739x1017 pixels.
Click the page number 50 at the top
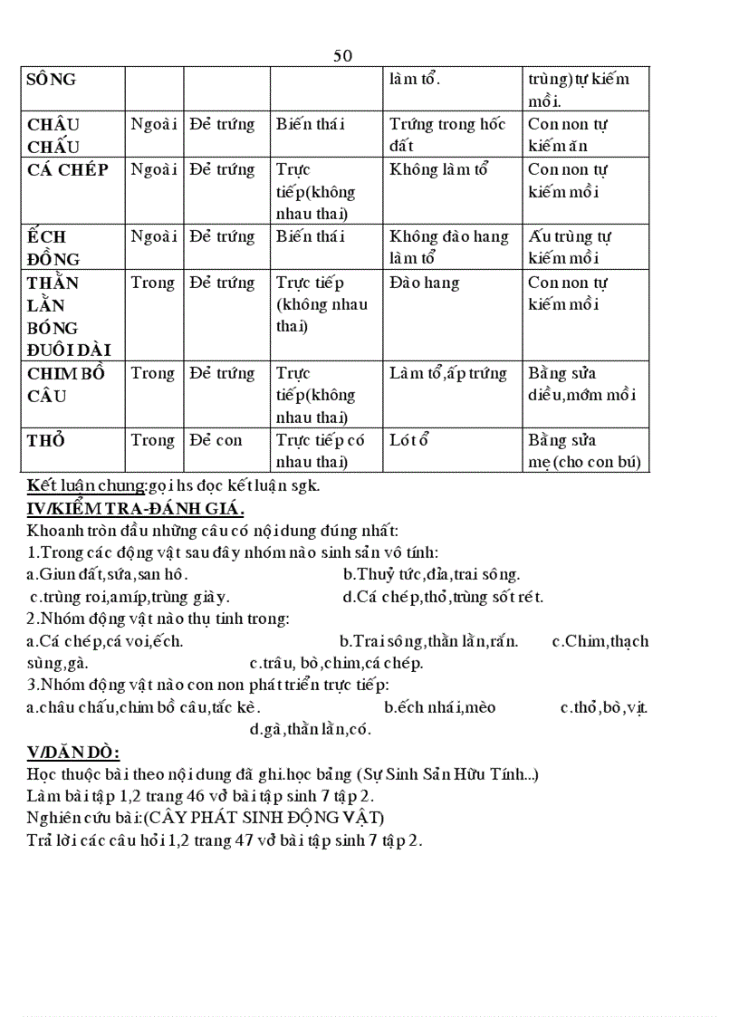click(342, 55)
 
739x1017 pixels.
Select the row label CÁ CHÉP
click(68, 169)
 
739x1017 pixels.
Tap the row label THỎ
click(46, 440)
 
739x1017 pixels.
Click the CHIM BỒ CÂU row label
click(66, 384)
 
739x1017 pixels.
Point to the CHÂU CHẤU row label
click(53, 135)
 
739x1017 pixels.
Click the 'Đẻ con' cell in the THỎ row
click(216, 440)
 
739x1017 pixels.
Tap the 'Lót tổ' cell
click(408, 440)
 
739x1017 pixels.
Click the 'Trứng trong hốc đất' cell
click(447, 135)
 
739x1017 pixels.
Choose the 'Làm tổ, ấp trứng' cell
click(447, 373)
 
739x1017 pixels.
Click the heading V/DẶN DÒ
click(74, 753)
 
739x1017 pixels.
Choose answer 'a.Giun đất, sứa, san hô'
click(108, 574)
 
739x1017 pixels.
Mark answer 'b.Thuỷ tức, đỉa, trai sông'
click(431, 574)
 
